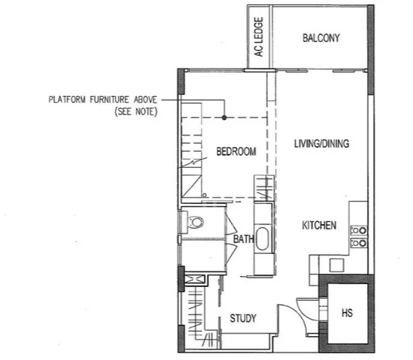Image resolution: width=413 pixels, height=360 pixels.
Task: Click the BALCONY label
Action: tap(321, 38)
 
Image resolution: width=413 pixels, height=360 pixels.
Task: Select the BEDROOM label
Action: tap(236, 152)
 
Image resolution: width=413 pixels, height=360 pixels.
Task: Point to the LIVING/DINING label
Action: tap(321, 144)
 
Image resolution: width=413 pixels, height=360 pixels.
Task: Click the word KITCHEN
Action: tap(318, 226)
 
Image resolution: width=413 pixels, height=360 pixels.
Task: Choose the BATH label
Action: tap(243, 239)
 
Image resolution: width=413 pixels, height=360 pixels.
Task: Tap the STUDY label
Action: tap(243, 318)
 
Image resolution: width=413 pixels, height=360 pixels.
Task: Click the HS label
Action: tap(347, 313)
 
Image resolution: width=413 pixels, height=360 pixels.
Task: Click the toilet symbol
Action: tap(195, 223)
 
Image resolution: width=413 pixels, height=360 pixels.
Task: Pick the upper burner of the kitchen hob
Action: tap(359, 230)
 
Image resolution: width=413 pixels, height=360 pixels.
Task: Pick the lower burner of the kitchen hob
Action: tap(359, 243)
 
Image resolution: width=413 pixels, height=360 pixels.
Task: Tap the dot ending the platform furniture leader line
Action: tap(224, 117)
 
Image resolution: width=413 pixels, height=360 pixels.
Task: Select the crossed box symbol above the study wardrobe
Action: tap(194, 280)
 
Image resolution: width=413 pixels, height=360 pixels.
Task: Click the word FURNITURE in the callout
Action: tap(111, 100)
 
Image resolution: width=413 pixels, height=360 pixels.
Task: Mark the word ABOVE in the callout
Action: tap(147, 100)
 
